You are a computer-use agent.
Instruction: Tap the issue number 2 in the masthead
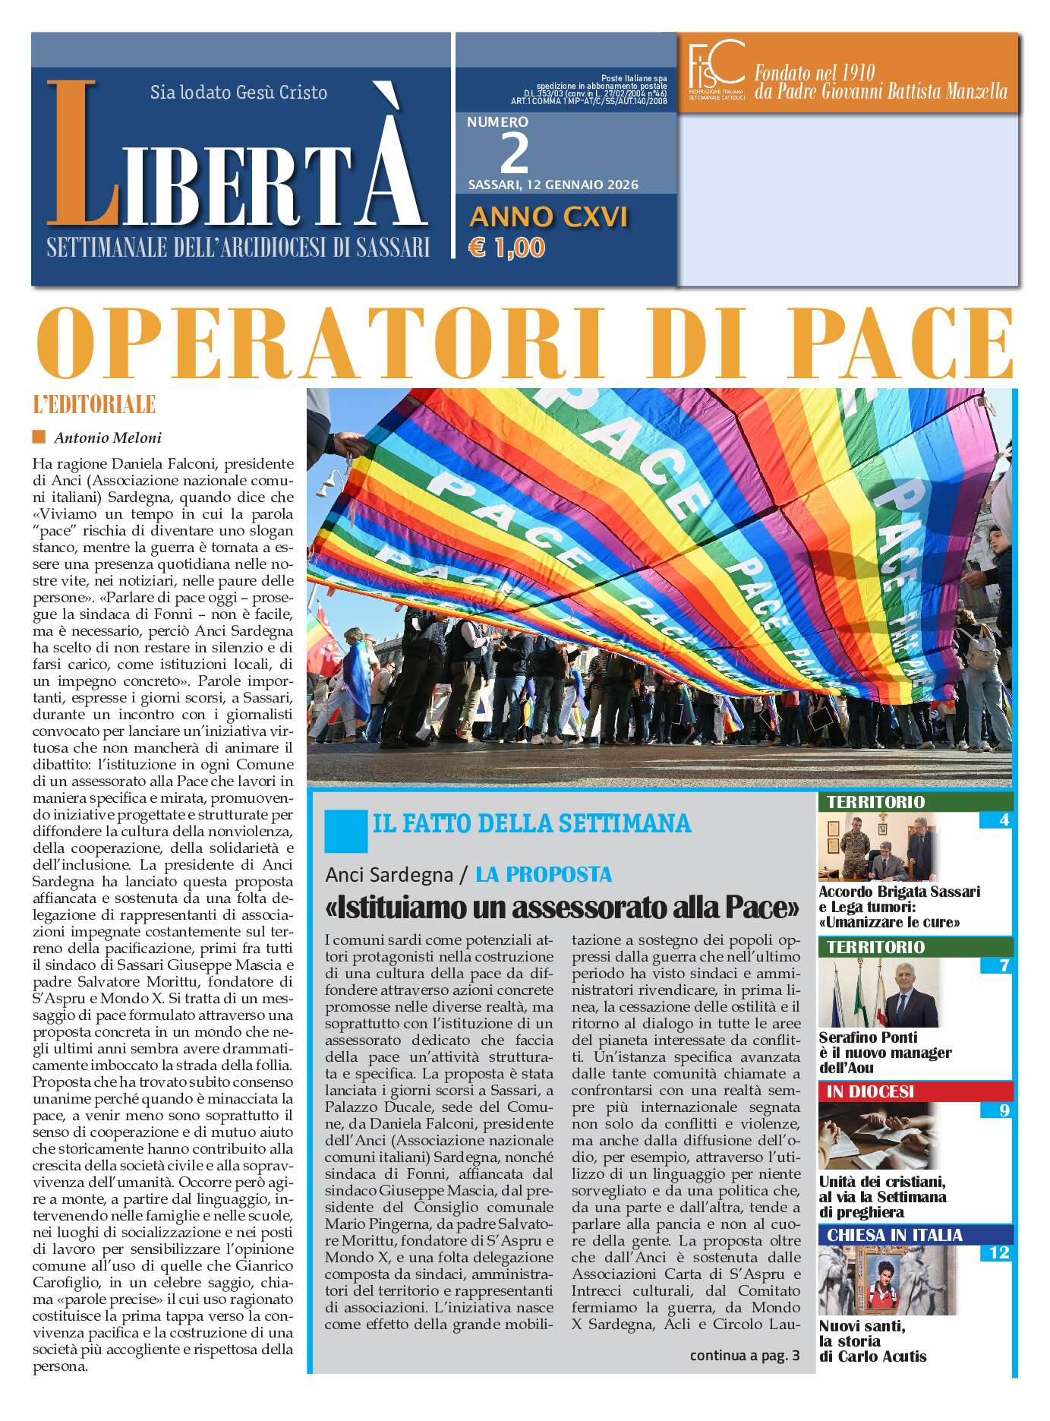point(515,153)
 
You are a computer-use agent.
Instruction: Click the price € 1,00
point(507,248)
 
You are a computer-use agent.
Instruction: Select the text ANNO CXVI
point(548,217)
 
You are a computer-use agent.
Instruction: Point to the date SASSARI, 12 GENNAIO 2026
point(553,185)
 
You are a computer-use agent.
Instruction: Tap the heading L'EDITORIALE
point(94,405)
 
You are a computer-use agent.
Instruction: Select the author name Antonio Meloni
point(107,437)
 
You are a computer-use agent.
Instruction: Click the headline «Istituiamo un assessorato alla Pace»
point(563,907)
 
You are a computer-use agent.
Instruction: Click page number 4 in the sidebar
point(1004,820)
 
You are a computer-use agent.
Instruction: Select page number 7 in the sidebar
point(1004,966)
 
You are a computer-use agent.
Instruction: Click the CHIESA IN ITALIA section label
point(894,1235)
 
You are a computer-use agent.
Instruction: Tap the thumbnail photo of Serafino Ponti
point(878,994)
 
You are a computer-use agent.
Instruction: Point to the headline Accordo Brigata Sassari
point(899,892)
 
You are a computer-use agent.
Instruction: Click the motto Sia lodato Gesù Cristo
point(238,93)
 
